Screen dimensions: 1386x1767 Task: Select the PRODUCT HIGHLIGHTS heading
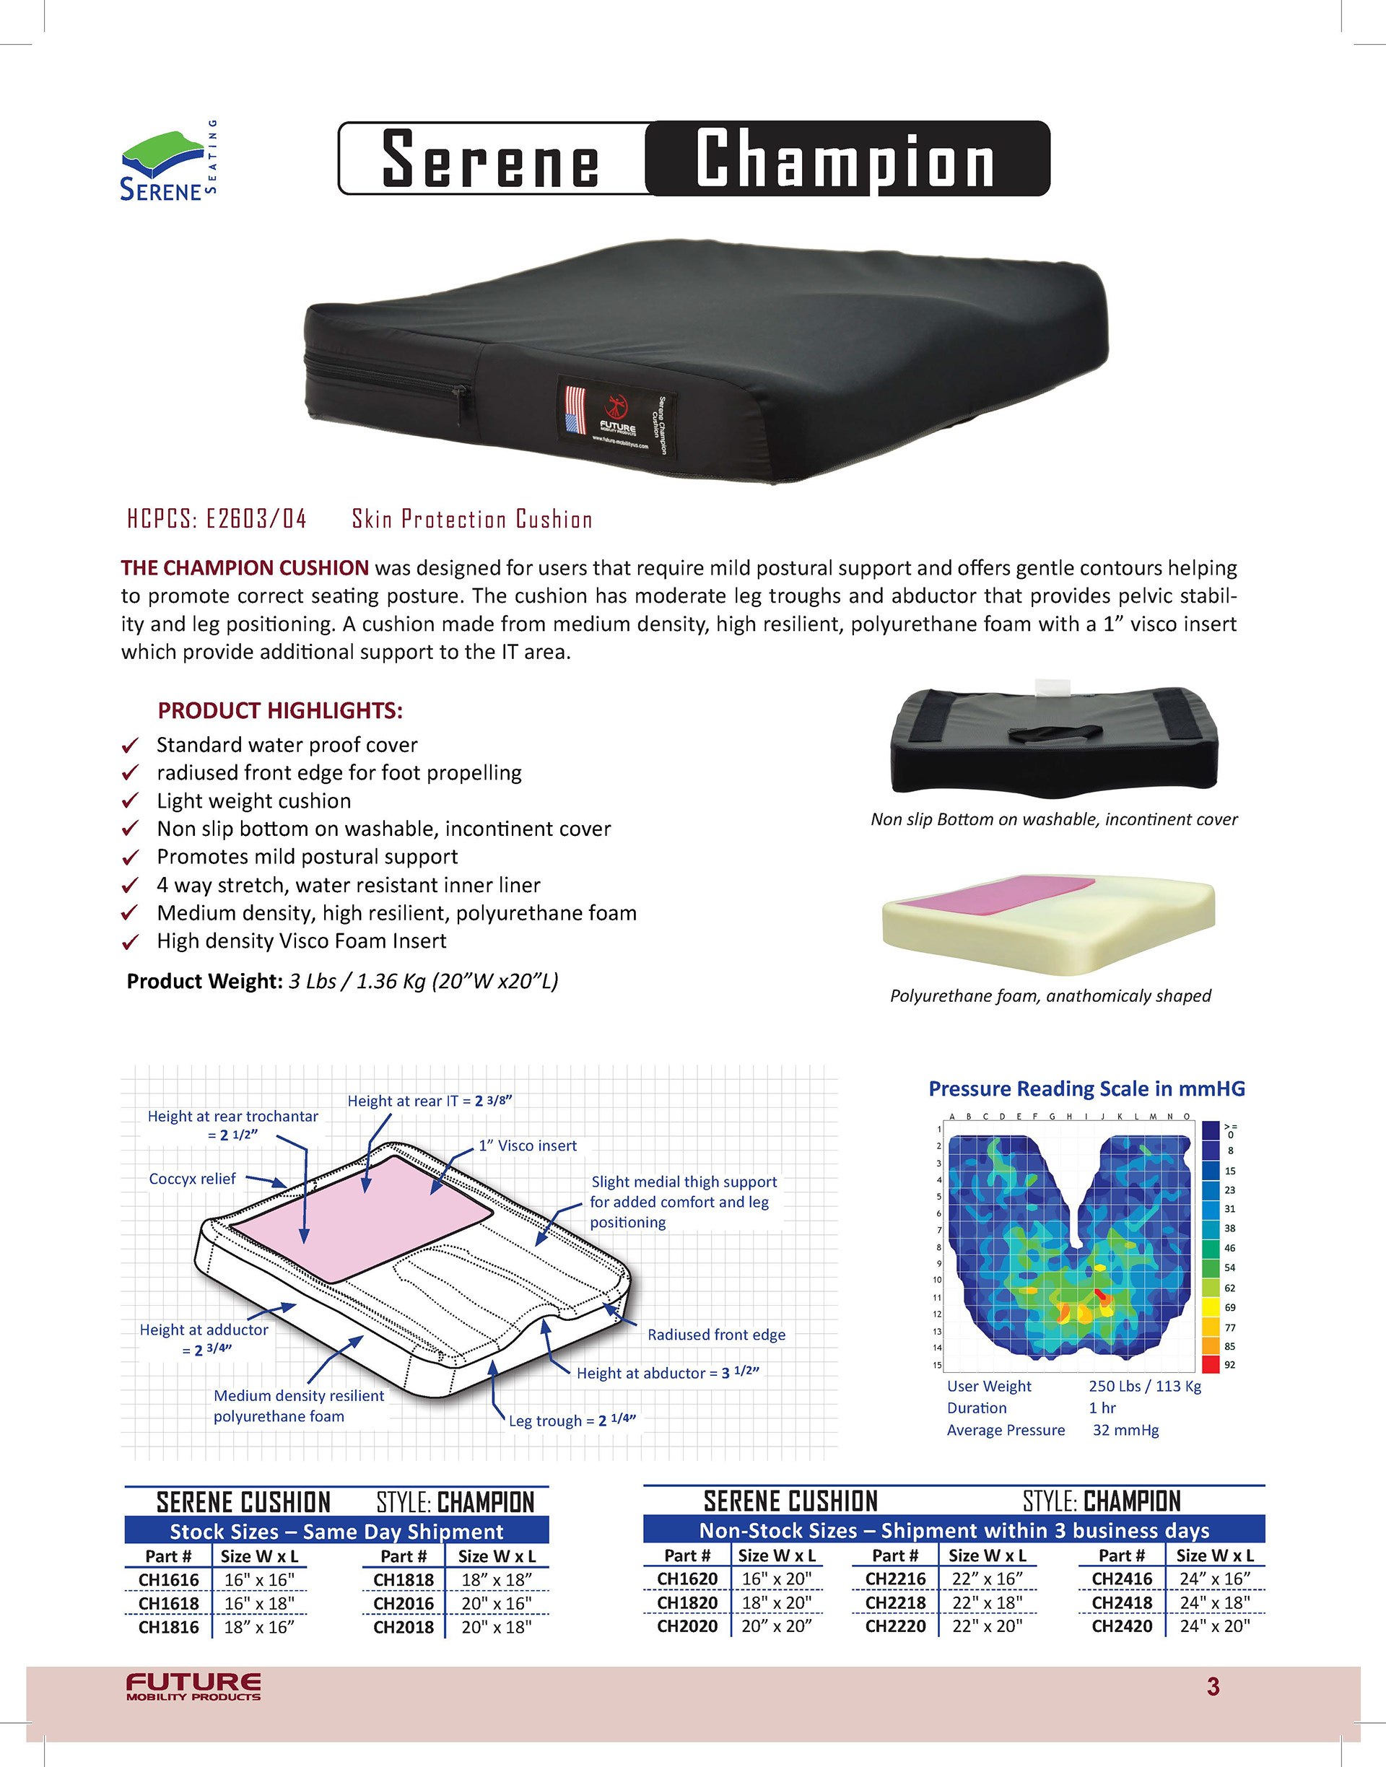[x=280, y=711]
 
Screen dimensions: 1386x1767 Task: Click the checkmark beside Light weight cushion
[x=130, y=800]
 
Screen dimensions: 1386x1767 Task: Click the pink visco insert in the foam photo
[x=998, y=891]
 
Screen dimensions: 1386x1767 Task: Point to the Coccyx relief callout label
[x=192, y=1179]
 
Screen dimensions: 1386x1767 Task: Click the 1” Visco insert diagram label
[x=528, y=1146]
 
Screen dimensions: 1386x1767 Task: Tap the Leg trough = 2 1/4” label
[x=572, y=1421]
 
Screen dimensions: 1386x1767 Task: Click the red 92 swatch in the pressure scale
[x=1210, y=1365]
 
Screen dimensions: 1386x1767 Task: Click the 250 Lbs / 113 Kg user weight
[x=1144, y=1386]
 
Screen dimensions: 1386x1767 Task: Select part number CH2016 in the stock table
[x=404, y=1603]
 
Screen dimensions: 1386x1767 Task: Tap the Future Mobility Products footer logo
[x=193, y=1686]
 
